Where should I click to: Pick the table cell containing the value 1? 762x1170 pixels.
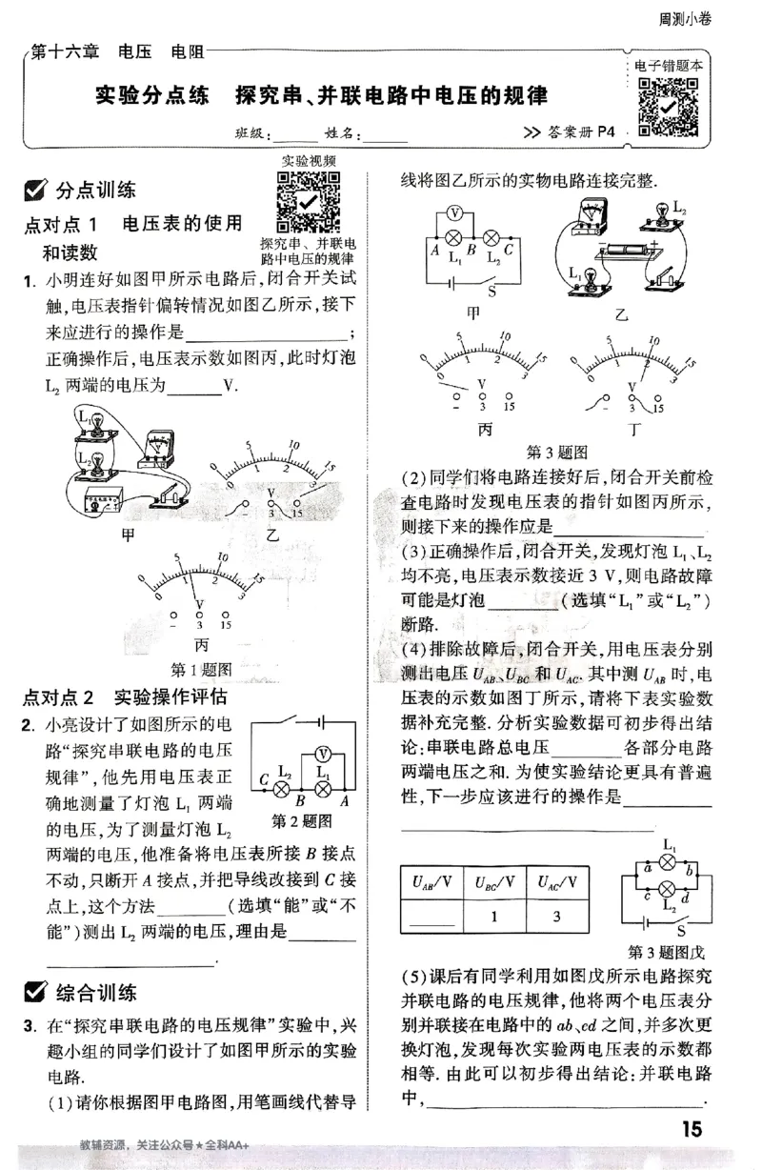pos(495,917)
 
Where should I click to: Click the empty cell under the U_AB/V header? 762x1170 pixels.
pos(431,917)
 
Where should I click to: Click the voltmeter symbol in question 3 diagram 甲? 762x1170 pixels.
pos(455,212)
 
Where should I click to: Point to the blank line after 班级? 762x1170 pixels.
pos(294,135)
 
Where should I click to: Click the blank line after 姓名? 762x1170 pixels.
pos(385,135)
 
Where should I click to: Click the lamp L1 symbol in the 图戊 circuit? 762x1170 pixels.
pos(668,862)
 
